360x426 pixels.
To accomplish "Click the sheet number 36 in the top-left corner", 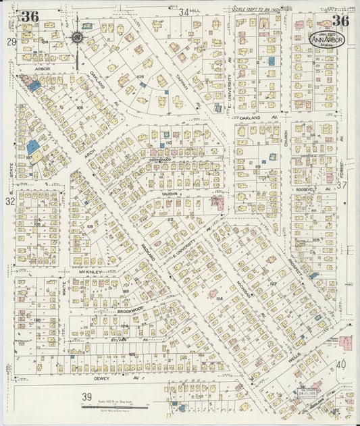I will (x=29, y=16).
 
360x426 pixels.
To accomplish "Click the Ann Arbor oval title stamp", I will (x=326, y=39).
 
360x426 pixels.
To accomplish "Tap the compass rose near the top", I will (x=77, y=38).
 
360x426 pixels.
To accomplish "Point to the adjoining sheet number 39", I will (x=86, y=396).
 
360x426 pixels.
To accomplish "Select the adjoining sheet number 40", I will (x=341, y=364).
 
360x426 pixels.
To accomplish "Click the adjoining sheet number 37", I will (x=342, y=184).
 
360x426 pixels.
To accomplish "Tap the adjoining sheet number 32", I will (x=10, y=201).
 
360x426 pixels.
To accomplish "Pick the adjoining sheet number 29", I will (x=11, y=42).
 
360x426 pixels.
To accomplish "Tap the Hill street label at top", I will (x=195, y=11).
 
